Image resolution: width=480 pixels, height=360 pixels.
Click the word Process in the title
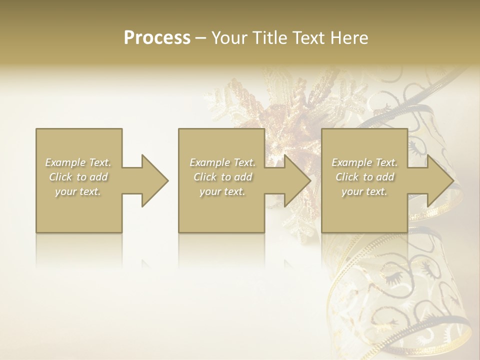(x=157, y=38)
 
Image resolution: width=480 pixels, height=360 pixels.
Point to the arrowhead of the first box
(x=152, y=180)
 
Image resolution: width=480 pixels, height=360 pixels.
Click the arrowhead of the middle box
(x=295, y=180)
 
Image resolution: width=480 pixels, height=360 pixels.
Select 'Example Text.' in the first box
(x=78, y=162)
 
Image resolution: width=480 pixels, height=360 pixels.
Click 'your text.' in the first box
(x=78, y=191)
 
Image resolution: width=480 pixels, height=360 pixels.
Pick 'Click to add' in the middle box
(x=222, y=177)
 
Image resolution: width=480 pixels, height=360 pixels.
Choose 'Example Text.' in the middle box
(x=222, y=162)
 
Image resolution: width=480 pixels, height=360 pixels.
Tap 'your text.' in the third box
(x=364, y=191)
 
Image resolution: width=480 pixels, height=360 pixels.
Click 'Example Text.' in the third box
(x=364, y=162)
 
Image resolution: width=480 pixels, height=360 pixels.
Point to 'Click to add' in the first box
(x=78, y=177)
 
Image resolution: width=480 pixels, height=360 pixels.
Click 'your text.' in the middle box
(x=222, y=191)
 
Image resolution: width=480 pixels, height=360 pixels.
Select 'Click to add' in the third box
(x=364, y=177)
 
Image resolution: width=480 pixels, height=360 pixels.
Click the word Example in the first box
(x=65, y=162)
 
